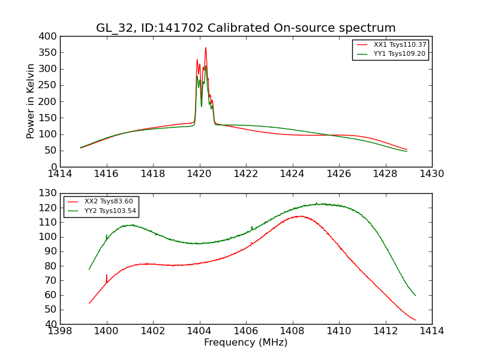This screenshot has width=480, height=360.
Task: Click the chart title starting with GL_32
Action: pyautogui.click(x=246, y=28)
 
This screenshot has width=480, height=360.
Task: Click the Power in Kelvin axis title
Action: pyautogui.click(x=31, y=101)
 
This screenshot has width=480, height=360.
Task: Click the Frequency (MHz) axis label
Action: pyautogui.click(x=246, y=343)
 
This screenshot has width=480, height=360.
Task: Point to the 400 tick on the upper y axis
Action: pyautogui.click(x=49, y=36)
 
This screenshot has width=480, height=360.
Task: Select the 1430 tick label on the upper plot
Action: pyautogui.click(x=431, y=174)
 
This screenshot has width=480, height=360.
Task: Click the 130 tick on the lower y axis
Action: pyautogui.click(x=49, y=193)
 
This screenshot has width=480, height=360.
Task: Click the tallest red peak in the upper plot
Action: pyautogui.click(x=206, y=48)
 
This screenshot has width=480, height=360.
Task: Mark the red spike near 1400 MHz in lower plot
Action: pyautogui.click(x=107, y=275)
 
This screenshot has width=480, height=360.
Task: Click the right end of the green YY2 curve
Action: pyautogui.click(x=415, y=295)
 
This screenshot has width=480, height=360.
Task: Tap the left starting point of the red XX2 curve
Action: pyautogui.click(x=89, y=303)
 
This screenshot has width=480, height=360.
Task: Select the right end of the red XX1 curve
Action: pyautogui.click(x=407, y=149)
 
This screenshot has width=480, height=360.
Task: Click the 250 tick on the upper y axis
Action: pyautogui.click(x=49, y=85)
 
